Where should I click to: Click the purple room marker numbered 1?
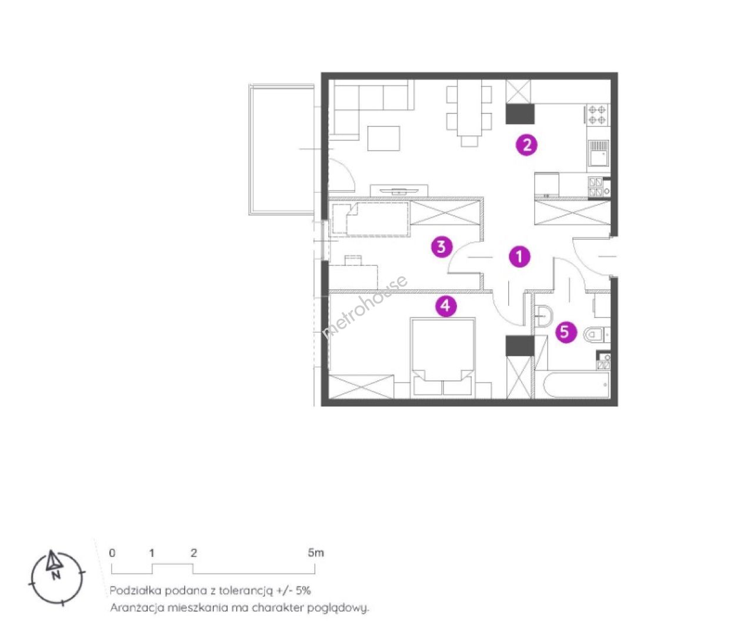pos(519,256)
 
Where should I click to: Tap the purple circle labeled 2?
pos(526,145)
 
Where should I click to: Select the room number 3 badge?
pos(441,247)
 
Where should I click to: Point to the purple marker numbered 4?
pos(446,306)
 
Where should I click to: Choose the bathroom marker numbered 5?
pos(566,332)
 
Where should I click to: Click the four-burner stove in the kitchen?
pos(598,114)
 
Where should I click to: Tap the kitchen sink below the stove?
pos(598,153)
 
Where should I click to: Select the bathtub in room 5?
pos(573,385)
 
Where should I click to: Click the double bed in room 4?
pos(442,358)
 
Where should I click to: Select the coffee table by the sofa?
pos(383,138)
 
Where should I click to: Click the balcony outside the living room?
pos(282,149)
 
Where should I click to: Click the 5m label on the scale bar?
pos(316,553)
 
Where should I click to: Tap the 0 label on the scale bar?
pos(112,553)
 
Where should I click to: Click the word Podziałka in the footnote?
pos(135,590)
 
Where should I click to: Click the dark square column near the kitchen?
pos(520,113)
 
